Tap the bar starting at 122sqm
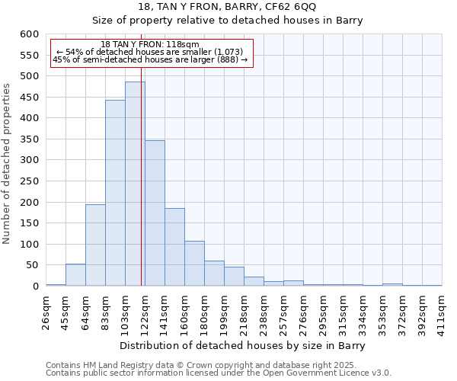tap(155, 213)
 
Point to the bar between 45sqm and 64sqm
tap(75, 275)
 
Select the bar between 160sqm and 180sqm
tap(194, 264)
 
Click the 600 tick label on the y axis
tap(29, 34)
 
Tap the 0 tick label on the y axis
tap(35, 287)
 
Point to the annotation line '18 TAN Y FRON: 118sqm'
tap(150, 44)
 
